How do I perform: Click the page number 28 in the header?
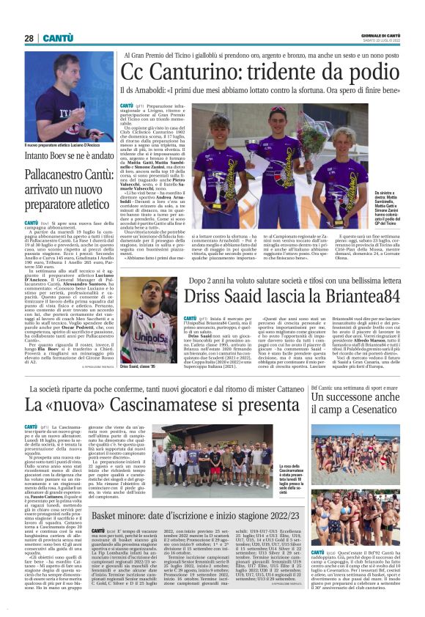29,38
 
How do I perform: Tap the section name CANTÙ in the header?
58,38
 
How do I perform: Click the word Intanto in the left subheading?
39,156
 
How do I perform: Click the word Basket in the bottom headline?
110,517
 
